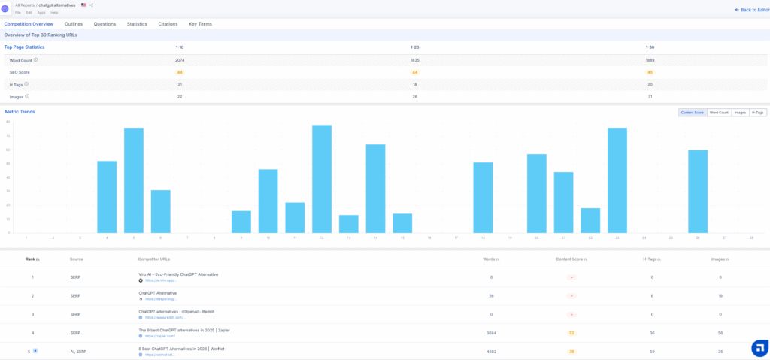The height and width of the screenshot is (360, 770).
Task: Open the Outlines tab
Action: [x=74, y=24]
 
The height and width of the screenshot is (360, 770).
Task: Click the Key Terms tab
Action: [x=200, y=24]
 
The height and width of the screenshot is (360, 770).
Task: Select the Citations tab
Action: [x=168, y=24]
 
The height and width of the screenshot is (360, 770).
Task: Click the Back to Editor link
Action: [x=750, y=10]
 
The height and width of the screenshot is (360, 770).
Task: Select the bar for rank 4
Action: [x=107, y=197]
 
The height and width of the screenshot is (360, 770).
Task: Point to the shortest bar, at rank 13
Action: [x=349, y=224]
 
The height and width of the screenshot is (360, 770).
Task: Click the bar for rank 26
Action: [x=698, y=192]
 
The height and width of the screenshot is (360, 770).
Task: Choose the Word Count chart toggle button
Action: [x=719, y=113]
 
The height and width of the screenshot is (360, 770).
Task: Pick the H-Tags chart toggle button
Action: [x=758, y=113]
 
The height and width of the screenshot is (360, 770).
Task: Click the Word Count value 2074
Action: [x=180, y=60]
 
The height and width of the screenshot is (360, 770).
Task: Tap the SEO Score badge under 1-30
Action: [x=650, y=72]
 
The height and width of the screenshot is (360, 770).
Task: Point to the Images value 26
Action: [x=415, y=96]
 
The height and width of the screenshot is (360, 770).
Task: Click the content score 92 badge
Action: [x=571, y=333]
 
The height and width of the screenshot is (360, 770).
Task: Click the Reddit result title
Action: [x=177, y=311]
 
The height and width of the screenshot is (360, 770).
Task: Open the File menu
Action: [x=18, y=13]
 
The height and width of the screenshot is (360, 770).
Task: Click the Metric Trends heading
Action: [x=20, y=112]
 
